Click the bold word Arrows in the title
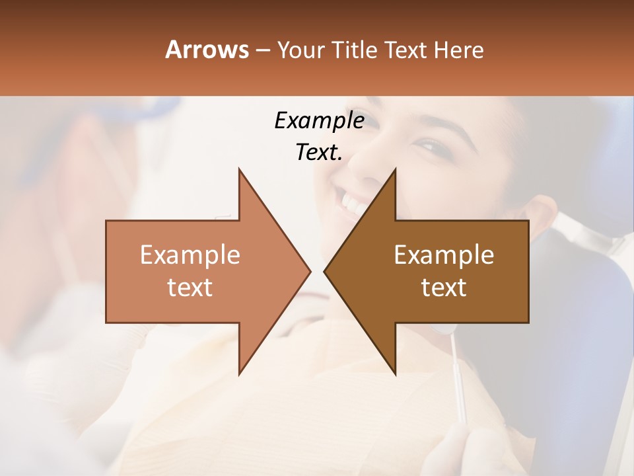(207, 50)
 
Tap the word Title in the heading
(355, 50)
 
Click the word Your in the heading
(301, 50)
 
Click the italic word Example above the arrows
(319, 120)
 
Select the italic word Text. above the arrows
(319, 153)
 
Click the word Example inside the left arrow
(190, 255)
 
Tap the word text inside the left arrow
(190, 287)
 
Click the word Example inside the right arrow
(444, 255)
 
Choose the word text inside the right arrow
(444, 287)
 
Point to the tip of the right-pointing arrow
(310, 271)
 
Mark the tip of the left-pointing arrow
(324, 271)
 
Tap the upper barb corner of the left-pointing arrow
(395, 169)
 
